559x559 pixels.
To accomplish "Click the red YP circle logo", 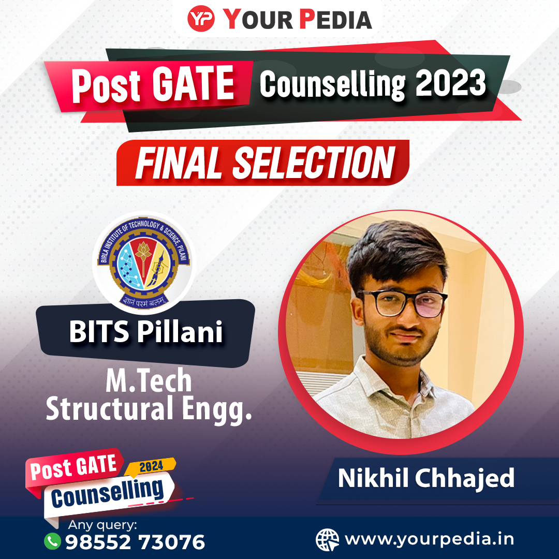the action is tap(201, 19).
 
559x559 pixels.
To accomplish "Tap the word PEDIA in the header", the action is tap(335, 19).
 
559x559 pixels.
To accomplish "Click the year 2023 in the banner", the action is tap(451, 82).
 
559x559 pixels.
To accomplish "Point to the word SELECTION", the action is tap(314, 163).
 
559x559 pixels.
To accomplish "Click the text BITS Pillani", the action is tap(146, 332).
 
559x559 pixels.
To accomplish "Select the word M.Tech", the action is tap(149, 381).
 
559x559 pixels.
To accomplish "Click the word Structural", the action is tap(110, 408).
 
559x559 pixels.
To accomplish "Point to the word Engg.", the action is tap(217, 410).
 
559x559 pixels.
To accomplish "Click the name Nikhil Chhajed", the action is tap(426, 478).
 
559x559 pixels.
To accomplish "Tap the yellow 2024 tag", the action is tap(151, 466).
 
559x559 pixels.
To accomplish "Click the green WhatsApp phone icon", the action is tap(52, 541).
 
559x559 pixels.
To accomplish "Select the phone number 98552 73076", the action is tap(135, 542).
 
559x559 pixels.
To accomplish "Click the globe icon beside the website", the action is tap(327, 539).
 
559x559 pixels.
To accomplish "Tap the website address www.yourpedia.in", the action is tap(429, 539).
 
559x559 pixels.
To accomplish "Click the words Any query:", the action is tap(102, 525).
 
